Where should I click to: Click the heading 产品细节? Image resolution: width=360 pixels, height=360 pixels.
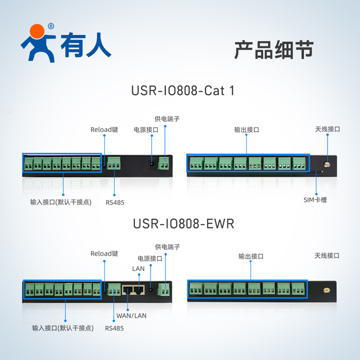274,50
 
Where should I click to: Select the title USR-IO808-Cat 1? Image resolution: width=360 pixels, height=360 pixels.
183,90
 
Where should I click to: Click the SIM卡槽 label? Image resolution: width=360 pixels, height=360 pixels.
315,199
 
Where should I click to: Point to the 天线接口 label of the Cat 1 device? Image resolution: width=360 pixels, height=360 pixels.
327,129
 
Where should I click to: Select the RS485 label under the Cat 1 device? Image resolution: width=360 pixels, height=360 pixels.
115,202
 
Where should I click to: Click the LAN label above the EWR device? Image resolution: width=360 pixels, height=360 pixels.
138,269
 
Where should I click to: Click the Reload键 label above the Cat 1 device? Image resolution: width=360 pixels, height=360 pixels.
104,130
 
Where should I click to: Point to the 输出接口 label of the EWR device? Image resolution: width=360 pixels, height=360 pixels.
251,256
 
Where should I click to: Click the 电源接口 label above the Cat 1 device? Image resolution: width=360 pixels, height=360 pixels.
146,130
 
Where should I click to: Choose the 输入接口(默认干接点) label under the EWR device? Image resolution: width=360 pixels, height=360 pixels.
63,328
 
